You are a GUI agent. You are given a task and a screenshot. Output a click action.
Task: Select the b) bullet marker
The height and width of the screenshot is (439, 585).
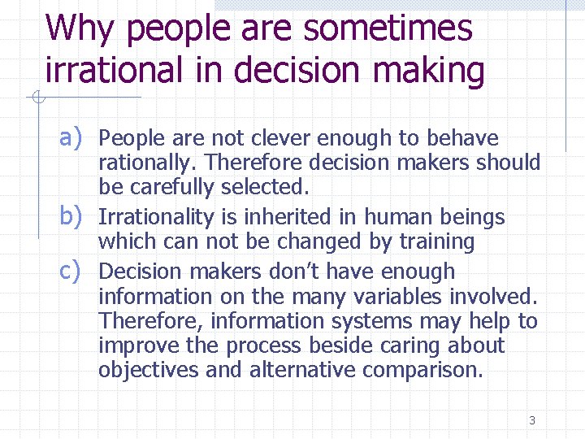click(72, 216)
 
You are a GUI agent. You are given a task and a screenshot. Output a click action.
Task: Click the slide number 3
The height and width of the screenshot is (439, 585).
click(531, 420)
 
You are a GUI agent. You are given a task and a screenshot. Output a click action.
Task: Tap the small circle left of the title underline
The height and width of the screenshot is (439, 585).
click(36, 98)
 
